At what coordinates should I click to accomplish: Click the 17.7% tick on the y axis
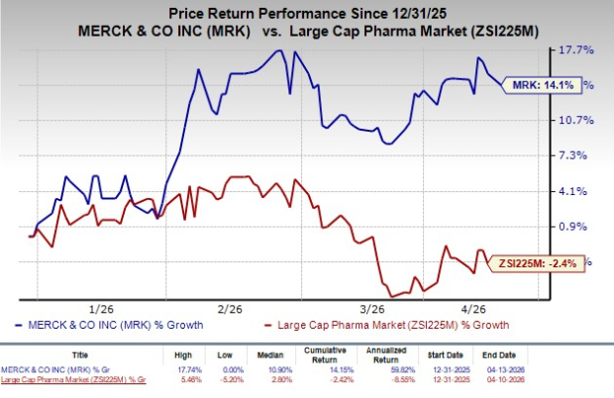578,50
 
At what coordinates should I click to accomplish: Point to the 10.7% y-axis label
578,120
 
